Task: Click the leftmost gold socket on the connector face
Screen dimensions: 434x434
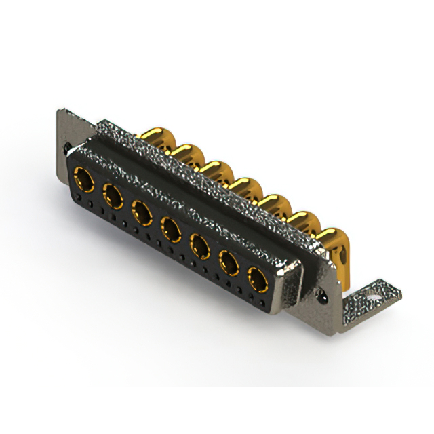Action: click(x=84, y=181)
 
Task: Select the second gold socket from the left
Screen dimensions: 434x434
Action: click(x=113, y=197)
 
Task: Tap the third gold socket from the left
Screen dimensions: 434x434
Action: click(x=142, y=213)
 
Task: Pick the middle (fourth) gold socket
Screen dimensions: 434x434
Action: click(x=171, y=229)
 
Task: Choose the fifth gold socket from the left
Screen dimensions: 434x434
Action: click(x=200, y=245)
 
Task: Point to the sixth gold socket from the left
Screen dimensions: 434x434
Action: click(x=229, y=262)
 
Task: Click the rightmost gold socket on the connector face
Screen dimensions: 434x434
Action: click(x=258, y=279)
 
